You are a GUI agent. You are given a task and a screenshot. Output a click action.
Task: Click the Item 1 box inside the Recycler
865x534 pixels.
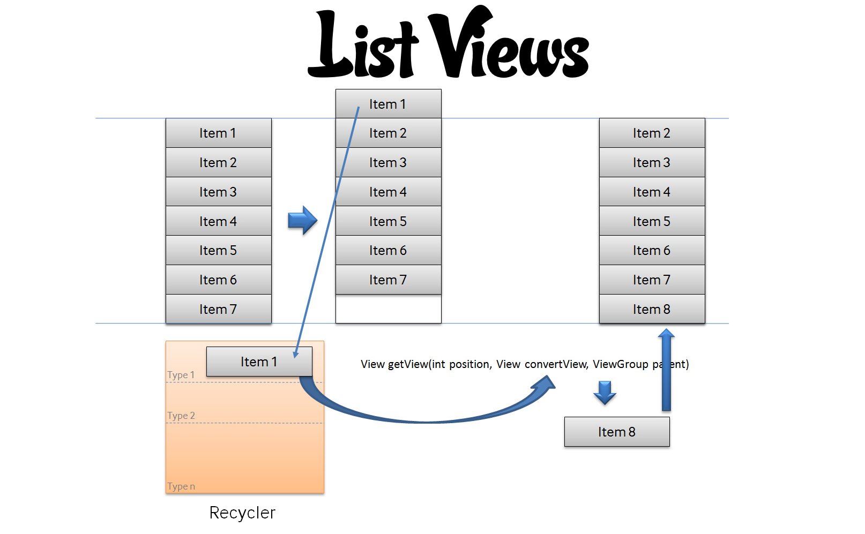[x=259, y=362]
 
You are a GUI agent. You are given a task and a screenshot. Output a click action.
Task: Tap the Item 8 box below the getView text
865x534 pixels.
[x=617, y=432]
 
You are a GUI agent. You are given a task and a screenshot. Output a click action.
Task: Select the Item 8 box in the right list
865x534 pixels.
[x=652, y=309]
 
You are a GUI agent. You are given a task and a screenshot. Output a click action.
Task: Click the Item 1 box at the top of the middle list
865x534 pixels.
[x=388, y=104]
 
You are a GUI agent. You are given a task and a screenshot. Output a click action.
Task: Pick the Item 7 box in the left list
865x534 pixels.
[x=218, y=309]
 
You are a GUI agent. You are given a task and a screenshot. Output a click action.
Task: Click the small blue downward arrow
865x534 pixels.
[x=605, y=392]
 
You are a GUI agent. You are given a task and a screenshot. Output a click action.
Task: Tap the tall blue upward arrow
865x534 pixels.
[x=666, y=370]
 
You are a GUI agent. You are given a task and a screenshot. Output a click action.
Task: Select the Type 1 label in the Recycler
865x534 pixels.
[x=181, y=375]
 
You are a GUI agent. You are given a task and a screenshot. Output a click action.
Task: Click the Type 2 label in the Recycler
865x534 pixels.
[x=181, y=416]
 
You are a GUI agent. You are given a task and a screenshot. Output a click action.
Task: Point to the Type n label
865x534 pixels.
[x=181, y=486]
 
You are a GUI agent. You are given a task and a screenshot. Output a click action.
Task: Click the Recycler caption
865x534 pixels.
[x=242, y=513]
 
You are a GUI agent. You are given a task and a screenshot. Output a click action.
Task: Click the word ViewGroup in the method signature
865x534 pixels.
[x=620, y=364]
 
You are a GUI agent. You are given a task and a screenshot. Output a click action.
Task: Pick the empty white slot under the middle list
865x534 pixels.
[x=388, y=309]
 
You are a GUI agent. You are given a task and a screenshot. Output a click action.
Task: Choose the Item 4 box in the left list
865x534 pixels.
[x=218, y=221]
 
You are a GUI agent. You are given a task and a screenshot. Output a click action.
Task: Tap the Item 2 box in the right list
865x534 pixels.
[x=652, y=133]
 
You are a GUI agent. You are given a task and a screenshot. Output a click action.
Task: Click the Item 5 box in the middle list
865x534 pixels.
[x=388, y=221]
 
